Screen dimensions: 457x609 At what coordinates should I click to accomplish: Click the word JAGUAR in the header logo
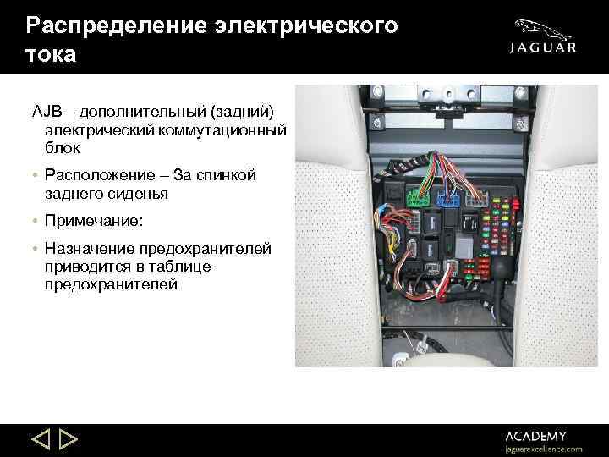coord(544,48)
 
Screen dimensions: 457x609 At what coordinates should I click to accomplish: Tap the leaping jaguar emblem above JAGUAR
coord(543,27)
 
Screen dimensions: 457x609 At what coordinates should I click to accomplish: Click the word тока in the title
coord(51,55)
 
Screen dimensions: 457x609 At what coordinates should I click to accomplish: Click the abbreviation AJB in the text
coord(47,112)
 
